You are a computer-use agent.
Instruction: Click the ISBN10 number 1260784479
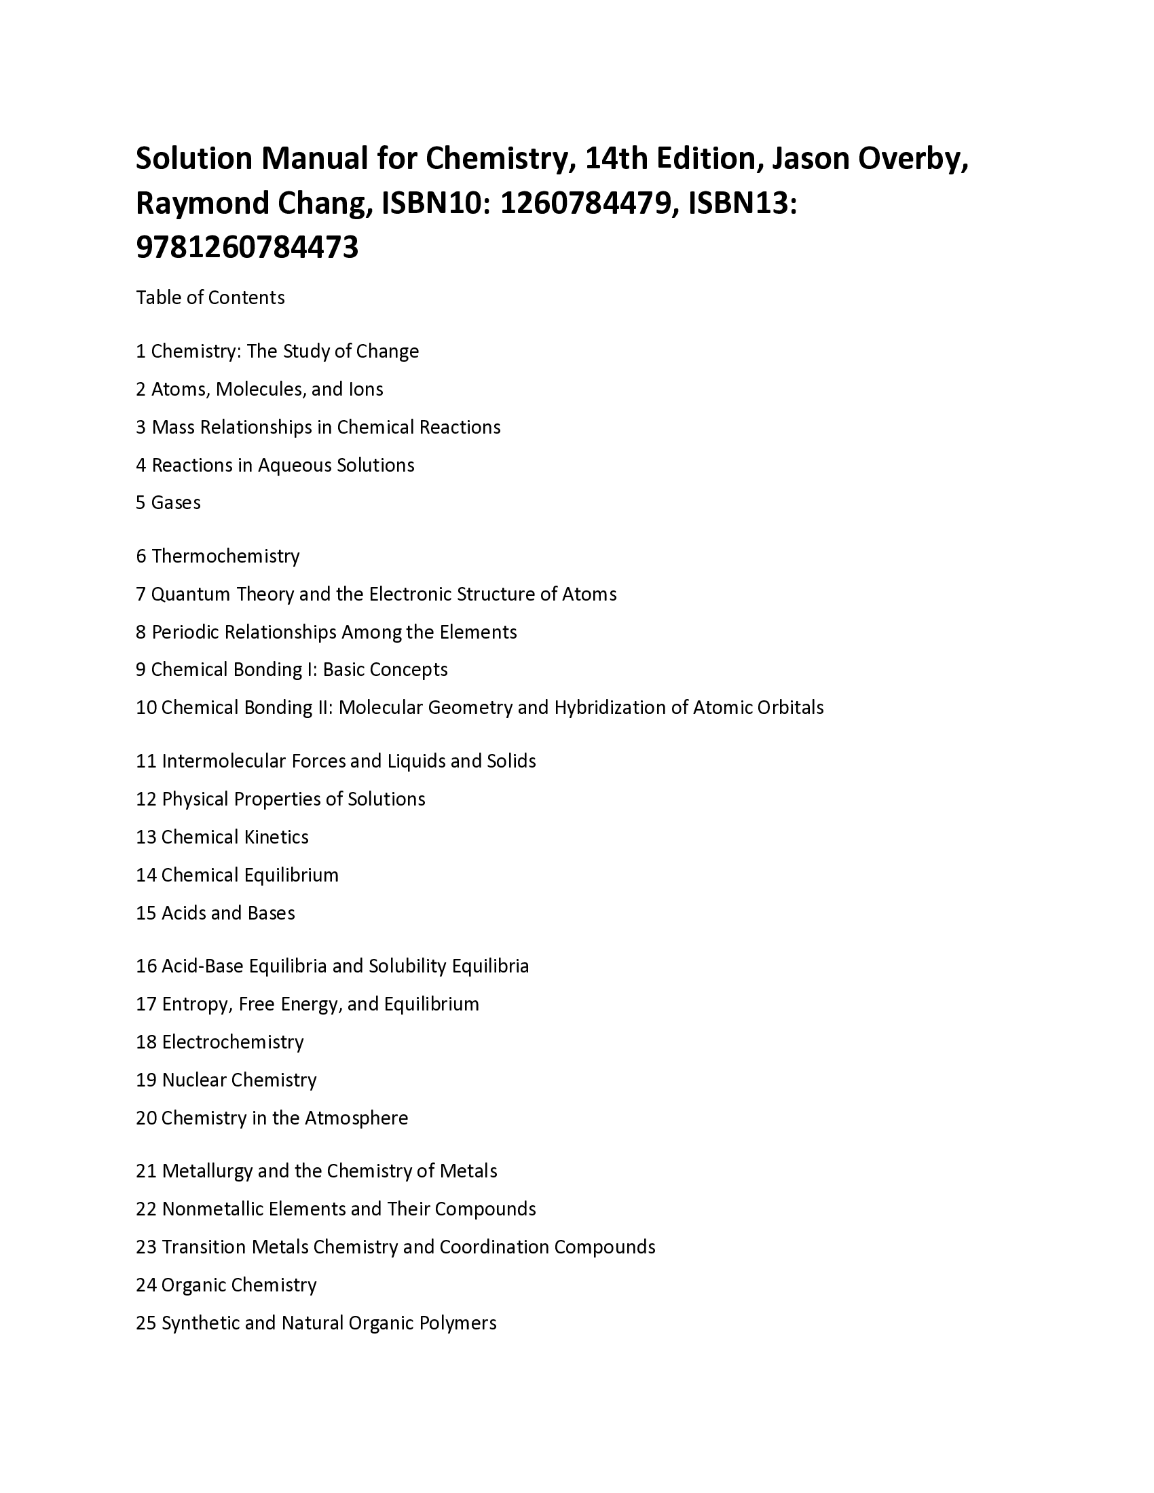(585, 203)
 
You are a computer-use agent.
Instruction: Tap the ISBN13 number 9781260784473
(247, 248)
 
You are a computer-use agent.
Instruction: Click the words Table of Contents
(210, 297)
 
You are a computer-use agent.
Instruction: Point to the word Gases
(176, 502)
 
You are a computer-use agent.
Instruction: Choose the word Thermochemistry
(225, 556)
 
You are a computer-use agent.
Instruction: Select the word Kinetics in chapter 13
(278, 837)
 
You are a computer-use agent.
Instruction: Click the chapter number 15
(147, 913)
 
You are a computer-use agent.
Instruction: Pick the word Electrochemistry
(232, 1042)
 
